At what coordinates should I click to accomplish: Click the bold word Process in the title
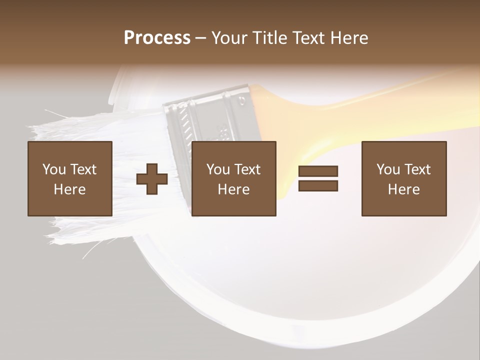(157, 38)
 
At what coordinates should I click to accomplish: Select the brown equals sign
(318, 178)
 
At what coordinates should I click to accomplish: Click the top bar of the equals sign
(318, 171)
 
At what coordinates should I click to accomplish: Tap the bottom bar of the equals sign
(318, 185)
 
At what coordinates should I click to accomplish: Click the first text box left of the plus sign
(70, 178)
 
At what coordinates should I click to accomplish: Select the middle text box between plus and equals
(234, 178)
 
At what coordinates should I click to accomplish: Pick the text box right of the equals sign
(404, 178)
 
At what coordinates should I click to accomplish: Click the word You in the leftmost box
(54, 169)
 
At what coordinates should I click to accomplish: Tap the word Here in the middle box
(234, 189)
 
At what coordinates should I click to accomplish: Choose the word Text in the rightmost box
(417, 169)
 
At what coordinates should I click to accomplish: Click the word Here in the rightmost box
(404, 189)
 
